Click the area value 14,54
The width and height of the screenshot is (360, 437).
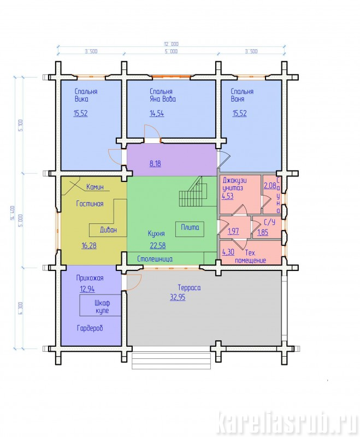(x=157, y=114)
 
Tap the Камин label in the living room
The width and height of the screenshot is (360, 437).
(x=95, y=187)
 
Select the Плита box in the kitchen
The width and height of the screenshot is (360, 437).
(x=190, y=229)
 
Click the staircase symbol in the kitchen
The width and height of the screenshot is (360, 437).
(x=193, y=192)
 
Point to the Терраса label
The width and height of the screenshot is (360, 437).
(x=189, y=288)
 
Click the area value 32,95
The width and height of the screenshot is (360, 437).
(x=178, y=297)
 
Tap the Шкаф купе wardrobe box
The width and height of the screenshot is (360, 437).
(x=101, y=306)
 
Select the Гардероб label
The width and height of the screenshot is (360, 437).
(x=90, y=328)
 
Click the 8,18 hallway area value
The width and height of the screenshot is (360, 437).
(x=155, y=163)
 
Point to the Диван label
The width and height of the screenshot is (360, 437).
(x=108, y=230)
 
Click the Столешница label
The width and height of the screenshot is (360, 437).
(x=155, y=259)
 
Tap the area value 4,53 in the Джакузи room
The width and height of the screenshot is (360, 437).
(x=228, y=196)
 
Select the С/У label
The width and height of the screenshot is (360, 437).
(x=269, y=222)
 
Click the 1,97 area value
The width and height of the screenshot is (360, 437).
(x=233, y=231)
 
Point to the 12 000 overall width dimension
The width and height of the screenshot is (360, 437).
(x=171, y=44)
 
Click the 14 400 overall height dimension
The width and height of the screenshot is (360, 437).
(x=12, y=213)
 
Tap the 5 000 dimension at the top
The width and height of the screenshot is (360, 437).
(x=170, y=51)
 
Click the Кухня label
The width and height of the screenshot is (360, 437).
(x=156, y=234)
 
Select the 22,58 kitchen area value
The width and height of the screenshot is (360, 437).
(x=158, y=245)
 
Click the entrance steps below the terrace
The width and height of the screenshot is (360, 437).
(x=171, y=361)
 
